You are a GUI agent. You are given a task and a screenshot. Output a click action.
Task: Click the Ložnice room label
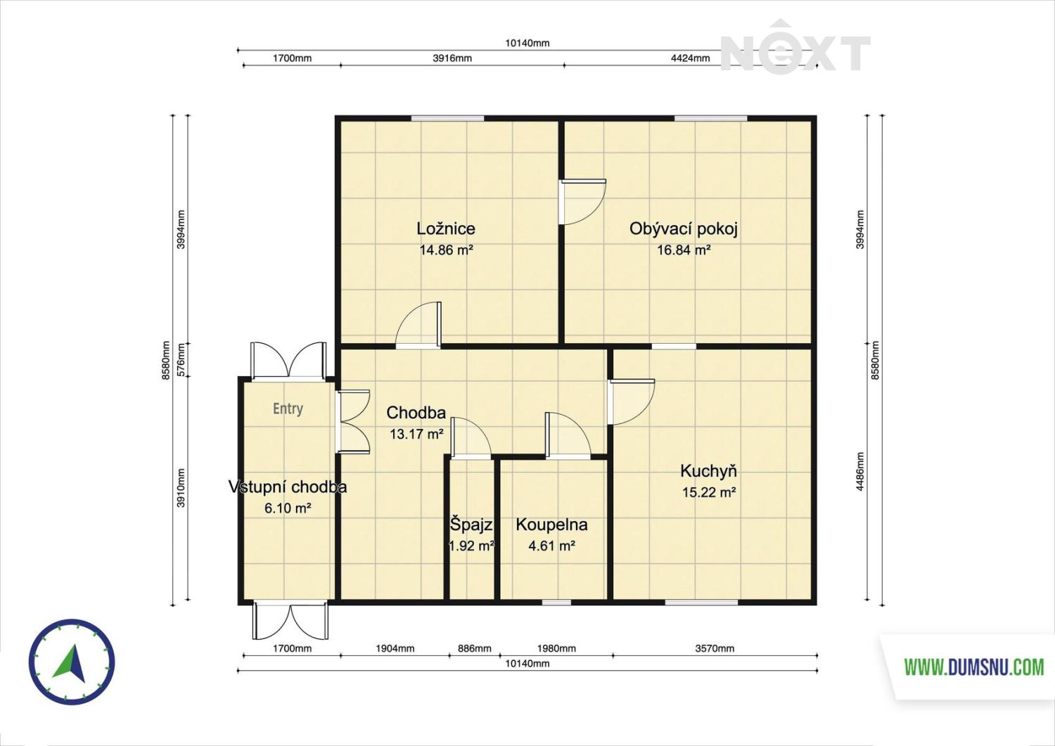pyautogui.click(x=445, y=229)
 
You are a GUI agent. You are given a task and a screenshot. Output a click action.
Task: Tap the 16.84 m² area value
pyautogui.click(x=684, y=250)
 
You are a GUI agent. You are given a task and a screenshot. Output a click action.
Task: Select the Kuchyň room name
pyautogui.click(x=708, y=471)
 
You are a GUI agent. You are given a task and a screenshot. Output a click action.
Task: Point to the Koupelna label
pyautogui.click(x=551, y=525)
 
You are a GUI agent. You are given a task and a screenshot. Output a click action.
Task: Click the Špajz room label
pyautogui.click(x=471, y=525)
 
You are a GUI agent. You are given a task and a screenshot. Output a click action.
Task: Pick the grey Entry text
pyautogui.click(x=288, y=409)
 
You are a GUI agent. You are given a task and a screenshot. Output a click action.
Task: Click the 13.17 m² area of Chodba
pyautogui.click(x=417, y=434)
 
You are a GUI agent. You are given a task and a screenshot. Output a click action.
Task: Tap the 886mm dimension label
pyautogui.click(x=474, y=648)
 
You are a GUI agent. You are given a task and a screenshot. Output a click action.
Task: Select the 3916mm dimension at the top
pyautogui.click(x=452, y=58)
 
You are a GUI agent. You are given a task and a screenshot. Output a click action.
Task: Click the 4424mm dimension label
pyautogui.click(x=690, y=58)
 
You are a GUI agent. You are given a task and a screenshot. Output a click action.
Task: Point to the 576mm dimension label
pyautogui.click(x=181, y=360)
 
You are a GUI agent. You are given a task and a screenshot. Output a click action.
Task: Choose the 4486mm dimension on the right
pyautogui.click(x=860, y=472)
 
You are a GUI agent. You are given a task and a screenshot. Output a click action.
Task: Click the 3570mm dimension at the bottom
pyautogui.click(x=715, y=648)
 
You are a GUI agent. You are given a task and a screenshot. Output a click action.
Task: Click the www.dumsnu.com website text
pyautogui.click(x=974, y=667)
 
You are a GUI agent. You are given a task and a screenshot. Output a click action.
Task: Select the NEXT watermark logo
pyautogui.click(x=795, y=47)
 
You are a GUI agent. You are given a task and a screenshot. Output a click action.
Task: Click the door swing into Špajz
pyautogui.click(x=471, y=437)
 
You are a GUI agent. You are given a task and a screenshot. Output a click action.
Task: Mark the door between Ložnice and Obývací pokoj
pyautogui.click(x=582, y=202)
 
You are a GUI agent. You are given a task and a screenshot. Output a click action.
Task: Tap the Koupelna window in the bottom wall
pyautogui.click(x=556, y=602)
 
